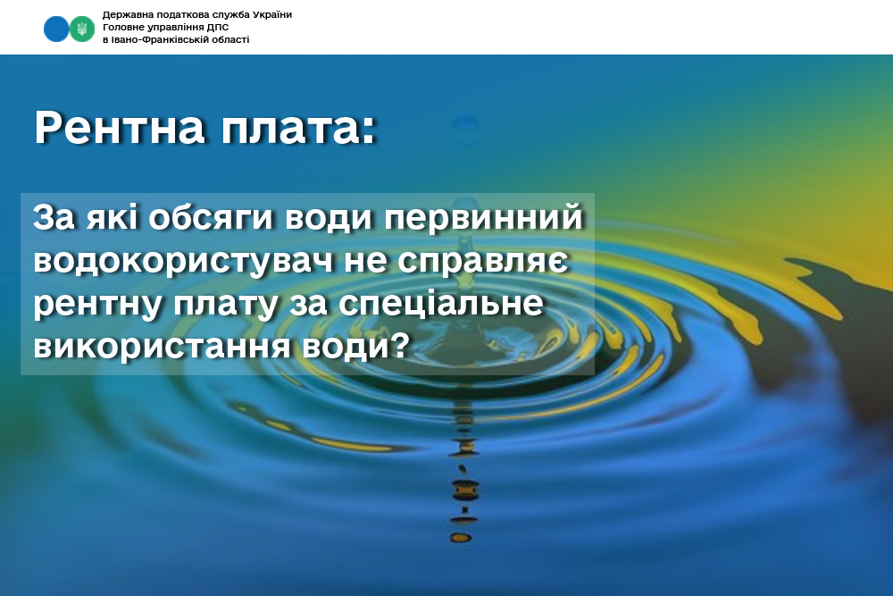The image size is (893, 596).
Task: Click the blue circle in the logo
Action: [x=56, y=29]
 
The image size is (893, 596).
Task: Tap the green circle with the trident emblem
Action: [x=82, y=29]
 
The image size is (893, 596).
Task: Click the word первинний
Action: [x=483, y=217]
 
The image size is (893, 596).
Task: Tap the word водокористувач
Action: [x=183, y=261]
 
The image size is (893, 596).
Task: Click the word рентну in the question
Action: [x=97, y=305]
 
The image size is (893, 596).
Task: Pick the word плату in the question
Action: [x=226, y=305]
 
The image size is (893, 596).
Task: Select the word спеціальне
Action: [x=440, y=303]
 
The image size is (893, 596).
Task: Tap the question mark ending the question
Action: [x=401, y=344]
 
